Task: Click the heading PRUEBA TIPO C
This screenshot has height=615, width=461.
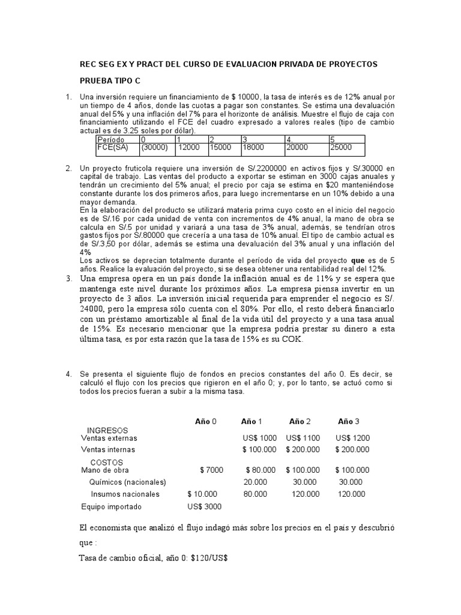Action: click(110, 81)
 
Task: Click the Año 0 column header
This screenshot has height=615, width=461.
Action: click(205, 421)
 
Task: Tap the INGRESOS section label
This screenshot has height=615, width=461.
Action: click(107, 431)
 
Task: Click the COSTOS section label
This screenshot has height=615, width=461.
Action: click(106, 462)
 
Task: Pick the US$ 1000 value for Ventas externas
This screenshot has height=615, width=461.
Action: click(260, 438)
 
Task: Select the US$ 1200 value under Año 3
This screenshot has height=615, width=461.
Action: click(352, 438)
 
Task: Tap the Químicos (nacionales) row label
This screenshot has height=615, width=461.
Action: click(127, 482)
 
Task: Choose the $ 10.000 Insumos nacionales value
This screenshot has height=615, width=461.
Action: click(203, 494)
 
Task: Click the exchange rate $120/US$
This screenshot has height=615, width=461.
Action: click(207, 558)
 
